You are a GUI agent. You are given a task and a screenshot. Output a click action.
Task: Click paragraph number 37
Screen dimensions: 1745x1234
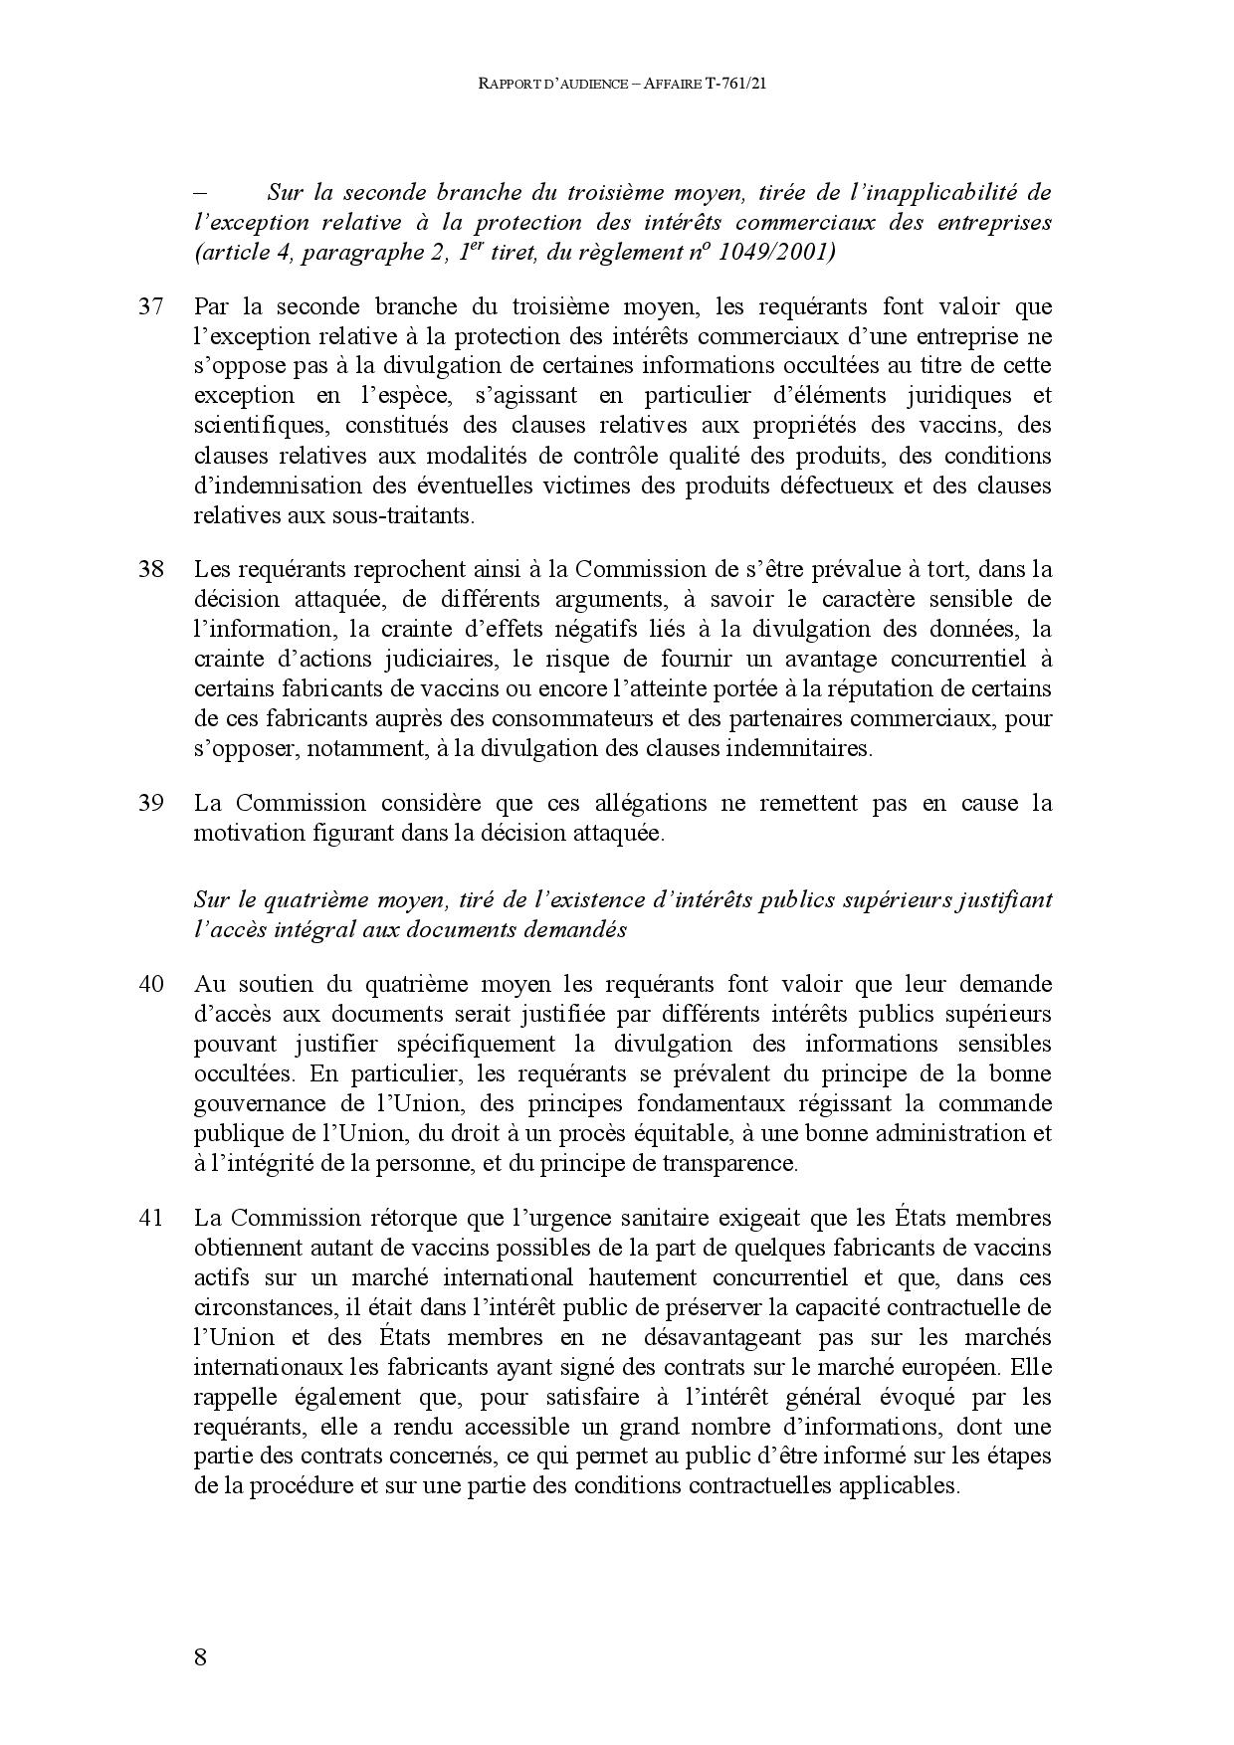pos(150,306)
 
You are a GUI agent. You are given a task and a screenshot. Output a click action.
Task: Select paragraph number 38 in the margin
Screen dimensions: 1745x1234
pos(150,570)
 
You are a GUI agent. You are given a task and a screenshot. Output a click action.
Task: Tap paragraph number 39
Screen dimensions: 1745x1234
pos(150,803)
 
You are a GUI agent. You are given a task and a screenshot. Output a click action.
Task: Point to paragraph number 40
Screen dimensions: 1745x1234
pos(150,985)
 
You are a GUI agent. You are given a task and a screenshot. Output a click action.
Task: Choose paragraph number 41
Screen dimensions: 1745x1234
pos(150,1219)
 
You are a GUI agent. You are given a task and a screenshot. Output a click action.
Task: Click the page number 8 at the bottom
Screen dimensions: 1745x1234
pos(200,1658)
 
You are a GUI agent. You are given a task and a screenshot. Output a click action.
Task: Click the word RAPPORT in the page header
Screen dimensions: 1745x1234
pos(510,85)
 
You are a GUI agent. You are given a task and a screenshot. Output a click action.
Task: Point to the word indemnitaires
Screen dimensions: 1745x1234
pos(789,748)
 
